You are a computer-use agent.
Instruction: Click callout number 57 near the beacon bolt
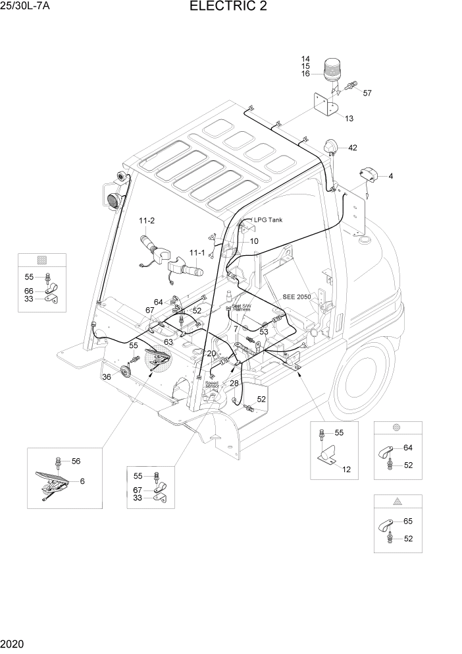tap(367, 93)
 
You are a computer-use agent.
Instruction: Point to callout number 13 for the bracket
tap(349, 119)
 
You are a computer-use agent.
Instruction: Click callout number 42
tap(352, 148)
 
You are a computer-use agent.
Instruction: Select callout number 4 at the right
tap(390, 176)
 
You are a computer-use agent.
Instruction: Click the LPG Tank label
tap(268, 220)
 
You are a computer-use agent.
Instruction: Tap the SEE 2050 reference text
tap(253, 241)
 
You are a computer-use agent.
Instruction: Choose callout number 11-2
tap(146, 220)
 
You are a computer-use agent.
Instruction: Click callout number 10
tap(253, 241)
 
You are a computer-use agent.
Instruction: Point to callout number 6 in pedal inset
tap(83, 481)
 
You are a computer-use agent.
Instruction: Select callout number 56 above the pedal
tap(76, 461)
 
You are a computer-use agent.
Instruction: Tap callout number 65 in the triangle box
tap(407, 521)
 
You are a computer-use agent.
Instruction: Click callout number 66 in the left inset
tap(29, 291)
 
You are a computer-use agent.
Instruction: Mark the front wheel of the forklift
tap(359, 382)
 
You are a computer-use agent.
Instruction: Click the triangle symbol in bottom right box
tap(397, 502)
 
